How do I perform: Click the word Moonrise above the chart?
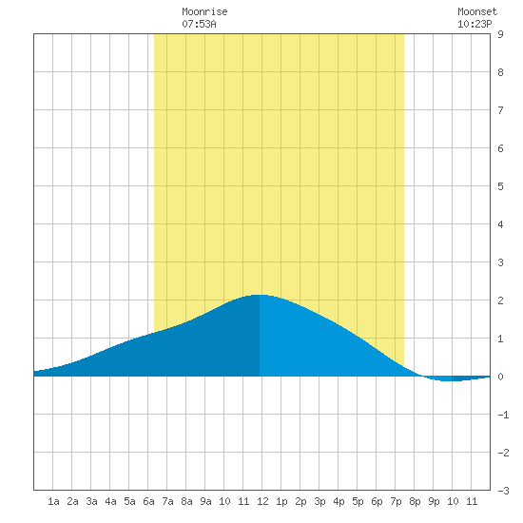click(x=204, y=11)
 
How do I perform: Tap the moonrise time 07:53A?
click(x=199, y=24)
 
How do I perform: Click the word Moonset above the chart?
click(x=477, y=11)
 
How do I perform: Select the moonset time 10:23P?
click(x=475, y=24)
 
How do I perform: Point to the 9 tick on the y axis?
click(x=500, y=34)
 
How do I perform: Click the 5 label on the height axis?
click(x=500, y=186)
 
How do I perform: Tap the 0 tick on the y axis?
click(x=500, y=377)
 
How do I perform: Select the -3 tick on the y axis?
click(x=503, y=491)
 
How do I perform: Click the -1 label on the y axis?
click(x=503, y=415)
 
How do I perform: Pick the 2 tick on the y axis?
click(x=500, y=300)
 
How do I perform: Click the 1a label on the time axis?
click(x=53, y=501)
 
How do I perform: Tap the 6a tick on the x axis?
click(x=148, y=501)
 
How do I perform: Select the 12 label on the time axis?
click(x=262, y=501)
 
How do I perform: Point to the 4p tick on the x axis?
click(x=339, y=501)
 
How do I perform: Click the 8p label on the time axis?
click(x=415, y=501)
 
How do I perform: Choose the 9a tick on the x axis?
click(x=205, y=501)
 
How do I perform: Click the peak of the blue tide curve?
click(x=260, y=295)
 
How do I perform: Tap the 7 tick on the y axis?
click(x=500, y=110)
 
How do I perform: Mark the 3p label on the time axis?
click(x=320, y=501)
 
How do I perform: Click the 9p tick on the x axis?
click(x=434, y=501)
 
